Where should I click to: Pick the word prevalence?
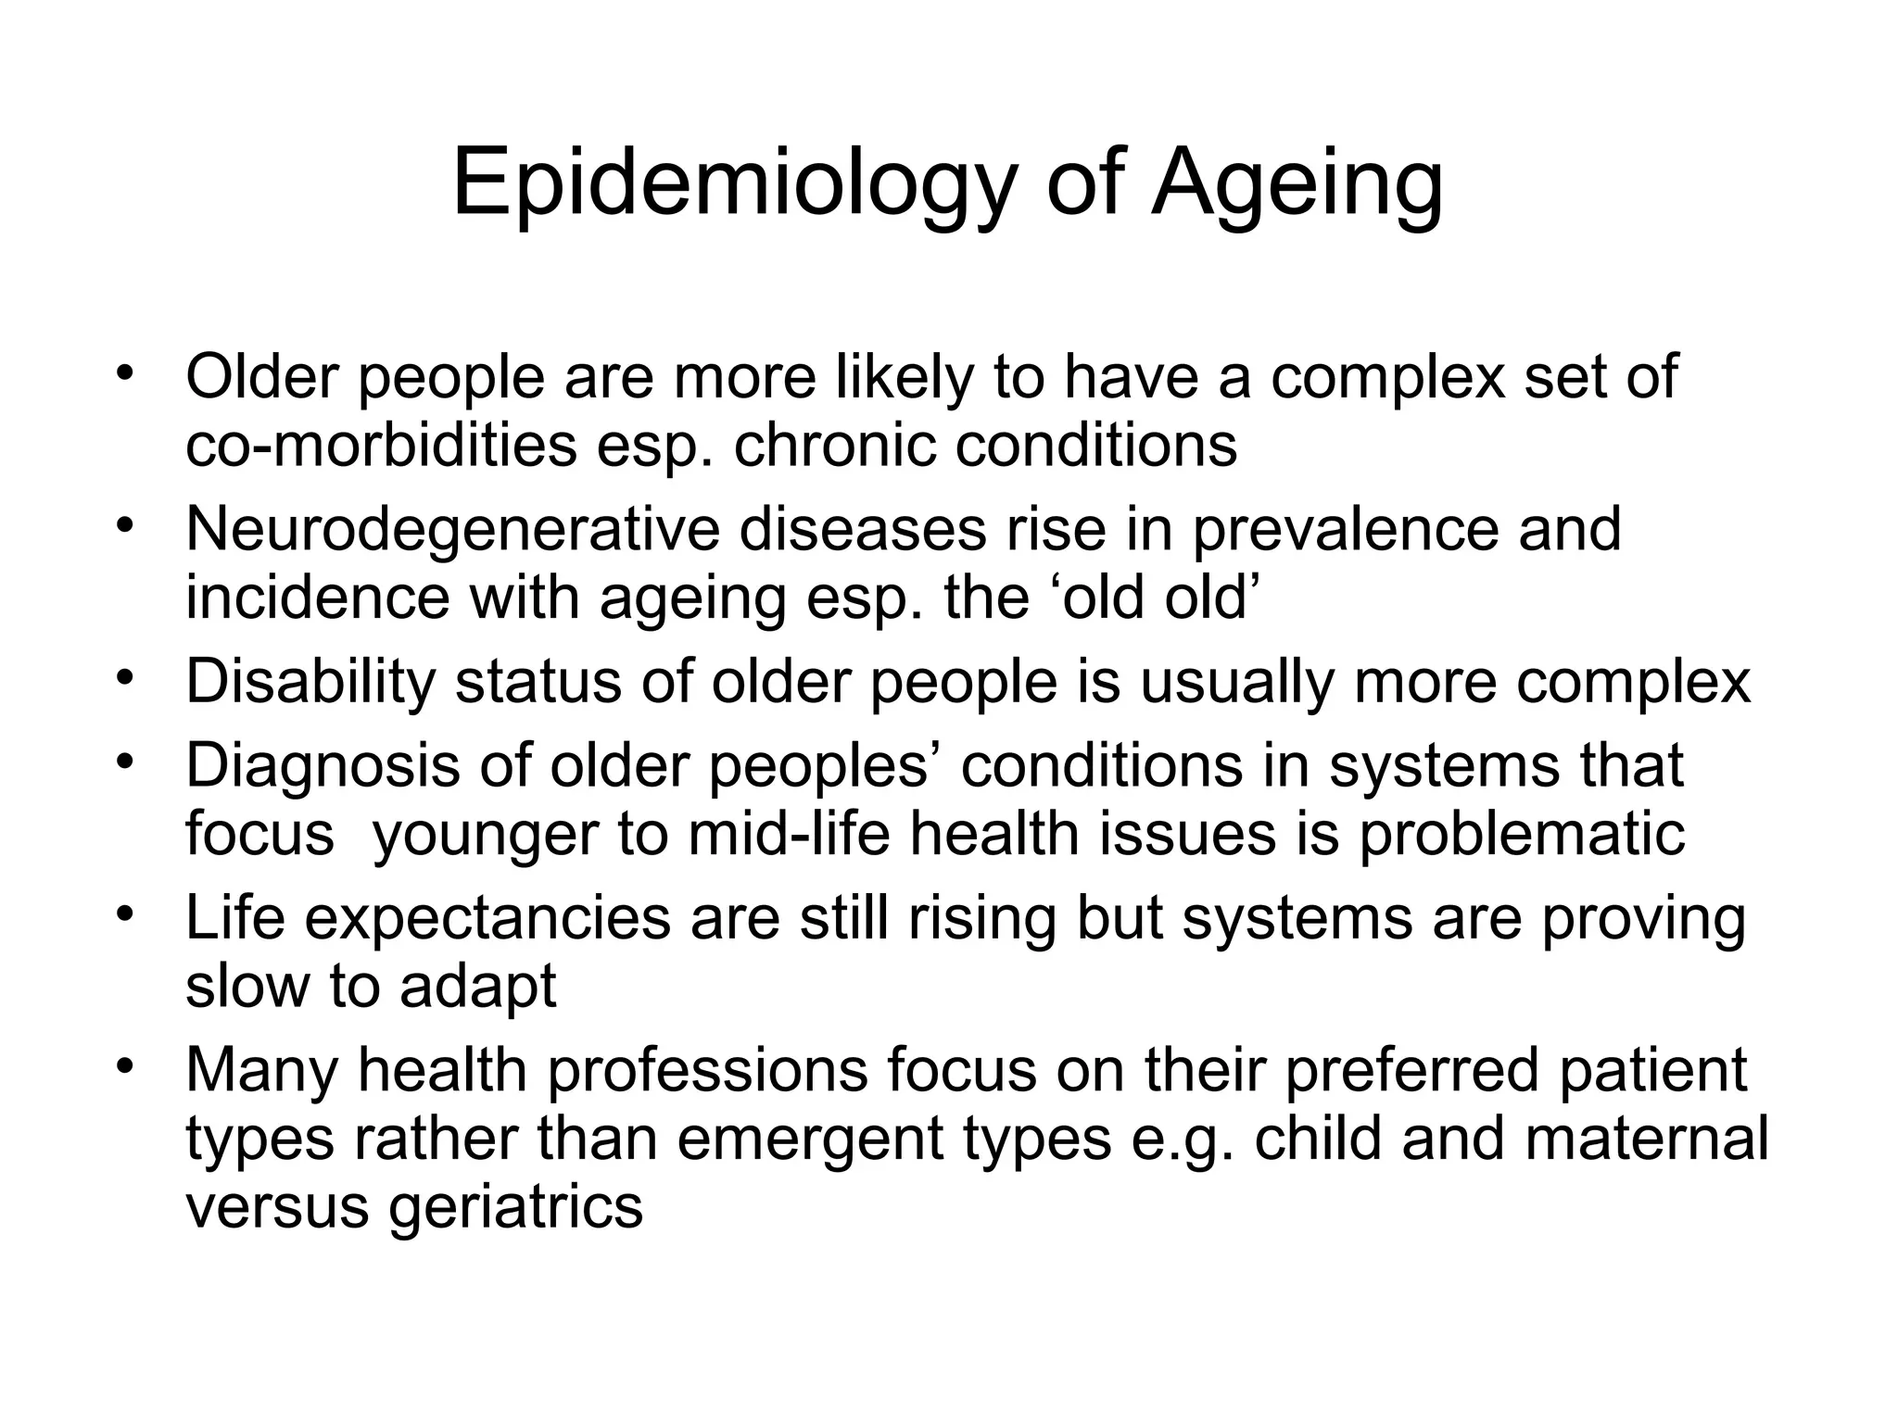point(1345,530)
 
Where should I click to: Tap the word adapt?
point(478,988)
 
